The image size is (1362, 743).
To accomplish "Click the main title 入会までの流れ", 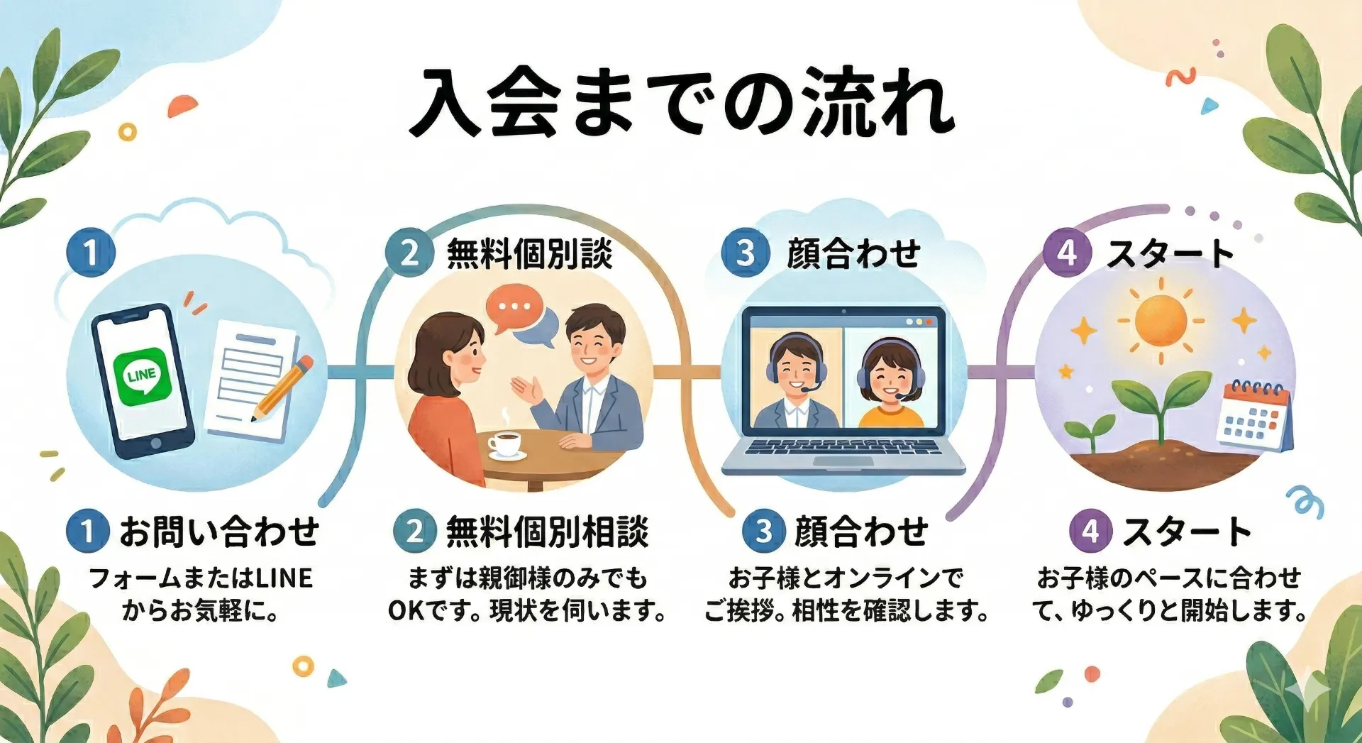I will [682, 103].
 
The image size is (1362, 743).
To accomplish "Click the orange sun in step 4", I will [1161, 321].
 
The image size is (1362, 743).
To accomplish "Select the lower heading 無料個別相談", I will [547, 532].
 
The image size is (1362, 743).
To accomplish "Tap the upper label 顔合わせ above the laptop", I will [853, 254].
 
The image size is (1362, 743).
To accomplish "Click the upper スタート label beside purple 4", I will [1170, 254].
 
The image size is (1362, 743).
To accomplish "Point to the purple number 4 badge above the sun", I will [1066, 253].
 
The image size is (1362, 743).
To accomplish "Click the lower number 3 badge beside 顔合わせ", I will [763, 532].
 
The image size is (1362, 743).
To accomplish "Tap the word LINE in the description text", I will [284, 578].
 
